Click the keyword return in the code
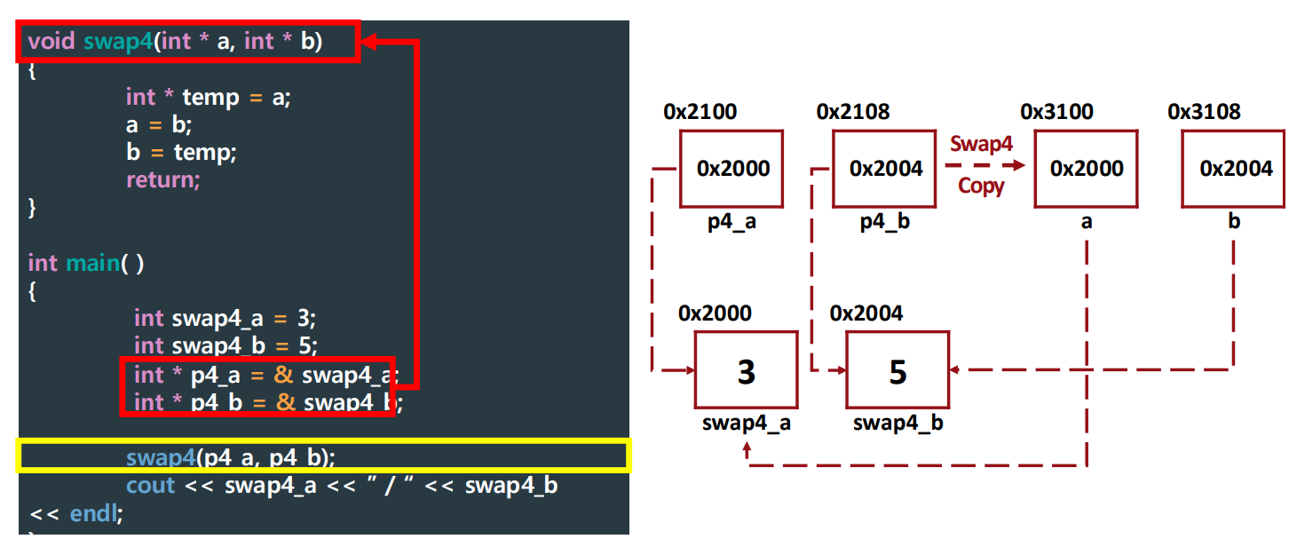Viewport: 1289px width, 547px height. click(x=162, y=179)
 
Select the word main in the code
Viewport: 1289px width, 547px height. click(x=91, y=263)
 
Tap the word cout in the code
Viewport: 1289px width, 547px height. click(x=150, y=486)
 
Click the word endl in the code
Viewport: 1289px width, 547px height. click(x=91, y=513)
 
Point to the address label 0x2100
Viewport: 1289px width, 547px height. click(x=700, y=112)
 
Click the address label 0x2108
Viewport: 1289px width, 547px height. click(x=852, y=112)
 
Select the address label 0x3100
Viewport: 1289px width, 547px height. click(x=1056, y=112)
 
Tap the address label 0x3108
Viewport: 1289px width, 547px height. click(x=1204, y=112)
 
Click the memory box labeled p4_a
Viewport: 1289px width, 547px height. click(x=731, y=169)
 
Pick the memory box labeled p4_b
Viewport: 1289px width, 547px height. click(x=884, y=169)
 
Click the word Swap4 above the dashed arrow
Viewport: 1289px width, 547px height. click(x=981, y=144)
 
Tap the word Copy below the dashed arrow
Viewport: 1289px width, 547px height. click(x=981, y=186)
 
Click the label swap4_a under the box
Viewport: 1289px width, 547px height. click(x=746, y=424)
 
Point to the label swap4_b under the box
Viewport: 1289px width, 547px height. click(x=898, y=424)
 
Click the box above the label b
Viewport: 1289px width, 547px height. click(x=1233, y=169)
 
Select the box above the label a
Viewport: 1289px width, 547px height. click(x=1086, y=169)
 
